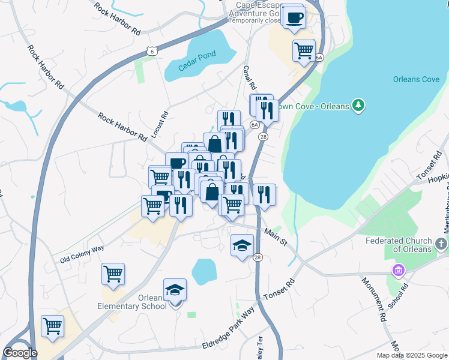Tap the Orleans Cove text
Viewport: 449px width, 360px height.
coord(417,79)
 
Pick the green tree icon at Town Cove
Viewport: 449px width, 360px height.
coord(358,106)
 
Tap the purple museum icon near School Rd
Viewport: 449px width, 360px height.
coord(397,271)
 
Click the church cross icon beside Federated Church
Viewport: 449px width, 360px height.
coord(442,244)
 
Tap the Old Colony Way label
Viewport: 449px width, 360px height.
coord(82,254)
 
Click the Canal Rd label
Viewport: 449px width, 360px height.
coord(250,77)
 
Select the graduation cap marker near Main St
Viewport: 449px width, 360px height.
coord(242,245)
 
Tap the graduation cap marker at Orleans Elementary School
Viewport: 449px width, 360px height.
coord(175,290)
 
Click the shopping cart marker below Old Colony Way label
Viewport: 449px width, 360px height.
coord(113,274)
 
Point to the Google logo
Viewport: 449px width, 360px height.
coord(20,353)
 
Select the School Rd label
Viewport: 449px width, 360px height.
coord(398,296)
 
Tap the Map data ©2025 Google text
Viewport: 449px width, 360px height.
coord(411,355)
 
